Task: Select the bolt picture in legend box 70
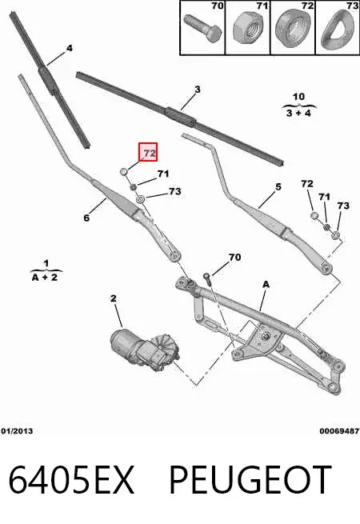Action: click(x=202, y=28)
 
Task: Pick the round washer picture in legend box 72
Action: click(x=293, y=28)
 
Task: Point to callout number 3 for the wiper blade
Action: click(x=198, y=90)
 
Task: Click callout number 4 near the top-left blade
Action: click(x=69, y=48)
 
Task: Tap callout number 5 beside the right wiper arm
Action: click(x=278, y=187)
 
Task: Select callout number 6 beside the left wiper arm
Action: click(x=86, y=218)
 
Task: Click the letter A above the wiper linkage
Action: click(x=266, y=284)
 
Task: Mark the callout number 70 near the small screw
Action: click(x=234, y=257)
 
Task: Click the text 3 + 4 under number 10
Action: click(x=298, y=113)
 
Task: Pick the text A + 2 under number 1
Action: click(x=45, y=277)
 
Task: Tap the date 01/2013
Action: click(x=17, y=431)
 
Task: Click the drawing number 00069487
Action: click(x=339, y=431)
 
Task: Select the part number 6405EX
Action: click(x=71, y=480)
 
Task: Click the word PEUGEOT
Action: click(x=250, y=480)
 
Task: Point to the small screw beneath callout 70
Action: click(x=207, y=278)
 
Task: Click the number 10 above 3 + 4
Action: click(x=298, y=97)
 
